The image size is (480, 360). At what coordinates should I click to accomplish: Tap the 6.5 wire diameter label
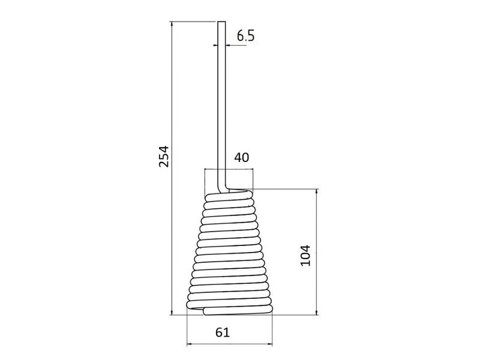click(245, 35)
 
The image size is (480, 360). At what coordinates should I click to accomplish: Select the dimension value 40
click(241, 158)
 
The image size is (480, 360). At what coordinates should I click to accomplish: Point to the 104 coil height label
click(305, 256)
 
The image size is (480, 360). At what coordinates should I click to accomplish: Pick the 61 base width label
click(223, 332)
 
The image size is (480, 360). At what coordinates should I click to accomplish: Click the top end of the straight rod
click(220, 23)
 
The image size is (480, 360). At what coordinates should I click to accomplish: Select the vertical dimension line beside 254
click(172, 90)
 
